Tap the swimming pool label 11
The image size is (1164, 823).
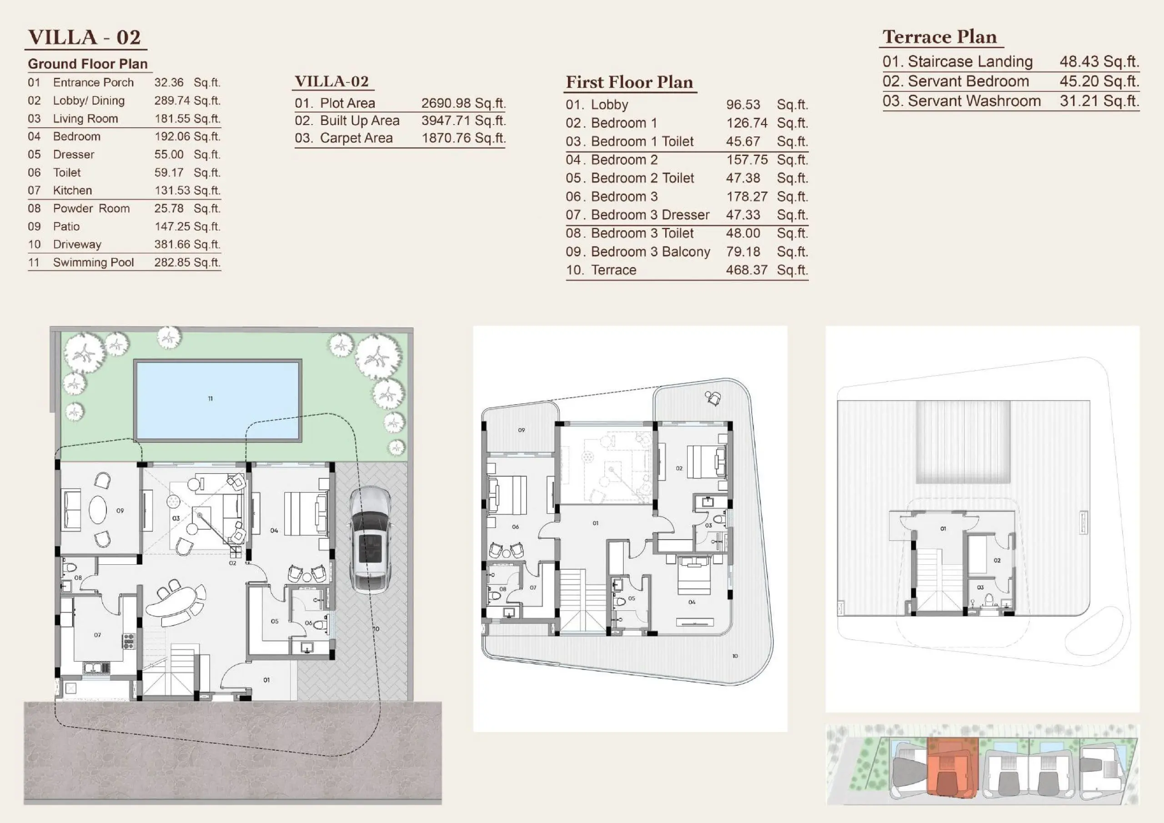[211, 399]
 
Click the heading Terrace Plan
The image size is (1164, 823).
[939, 36]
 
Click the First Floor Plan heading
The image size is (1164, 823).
[629, 82]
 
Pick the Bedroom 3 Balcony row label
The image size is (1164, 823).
[651, 251]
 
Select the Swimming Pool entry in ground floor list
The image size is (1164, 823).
[93, 262]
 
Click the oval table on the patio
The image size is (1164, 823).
[98, 509]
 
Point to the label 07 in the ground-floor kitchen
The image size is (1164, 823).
[97, 635]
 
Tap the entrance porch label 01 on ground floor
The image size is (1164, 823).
[266, 680]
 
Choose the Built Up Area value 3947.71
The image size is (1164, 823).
[442, 120]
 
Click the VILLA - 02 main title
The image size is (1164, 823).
[84, 37]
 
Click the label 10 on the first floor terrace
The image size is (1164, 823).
[735, 656]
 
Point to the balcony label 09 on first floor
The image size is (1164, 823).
[521, 430]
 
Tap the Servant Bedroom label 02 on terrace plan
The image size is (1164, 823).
[997, 560]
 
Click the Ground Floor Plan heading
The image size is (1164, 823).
[88, 64]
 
